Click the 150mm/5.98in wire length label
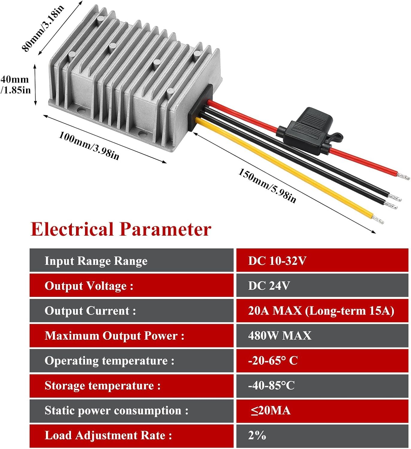267,186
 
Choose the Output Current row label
90,311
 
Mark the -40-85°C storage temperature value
271,386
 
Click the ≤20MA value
271,410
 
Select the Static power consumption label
116,411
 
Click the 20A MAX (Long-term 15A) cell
321,311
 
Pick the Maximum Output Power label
114,336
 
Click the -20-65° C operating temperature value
273,361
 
